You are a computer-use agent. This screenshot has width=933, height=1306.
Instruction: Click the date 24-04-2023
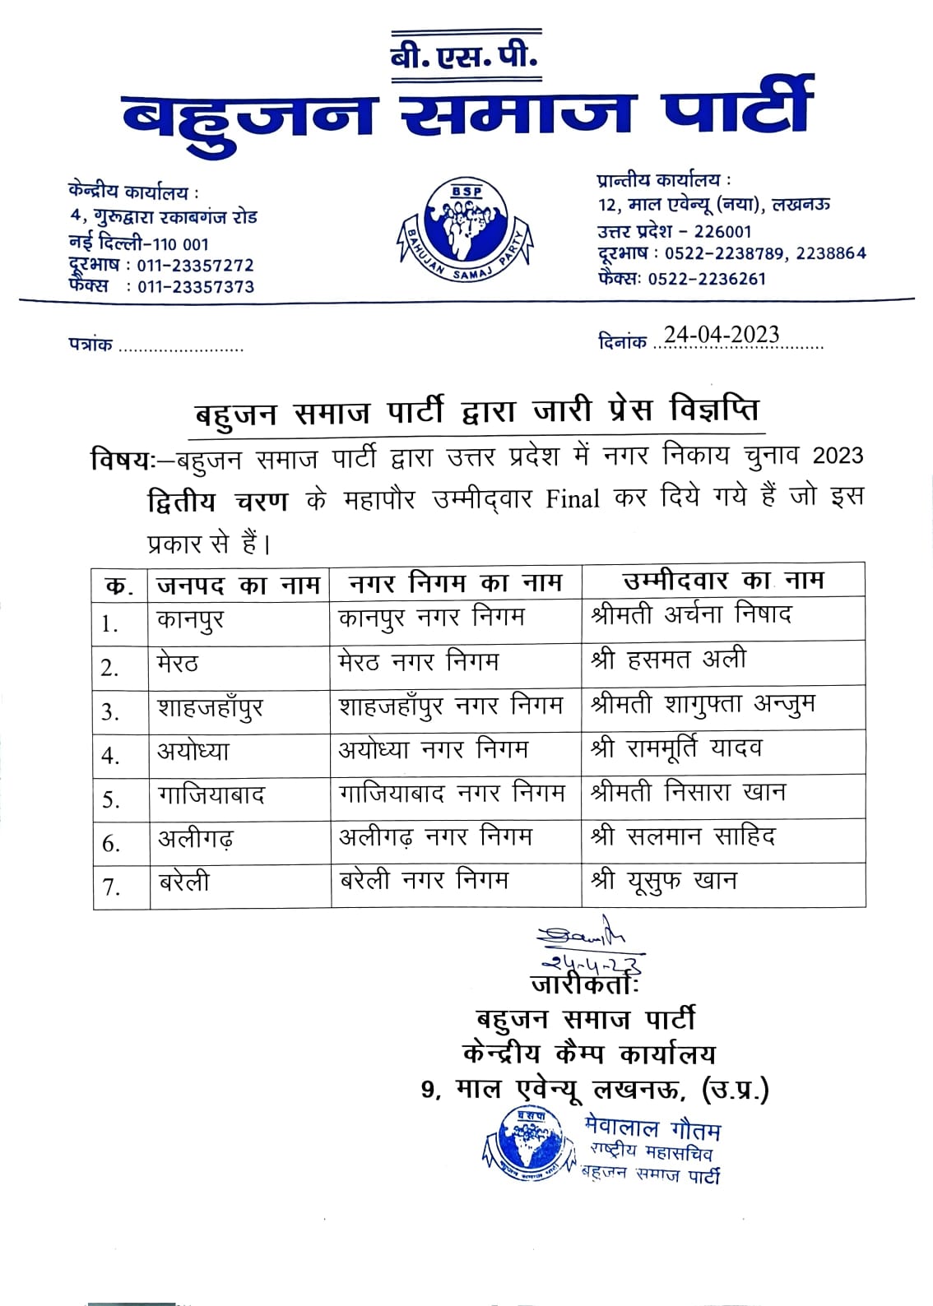coord(722,335)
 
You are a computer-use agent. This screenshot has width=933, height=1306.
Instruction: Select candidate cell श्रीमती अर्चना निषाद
coord(691,616)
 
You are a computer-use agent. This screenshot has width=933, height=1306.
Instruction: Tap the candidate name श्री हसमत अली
coord(669,660)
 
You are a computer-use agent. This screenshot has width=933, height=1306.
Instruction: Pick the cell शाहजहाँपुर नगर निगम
coord(451,706)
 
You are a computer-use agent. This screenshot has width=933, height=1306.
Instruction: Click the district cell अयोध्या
coord(193,752)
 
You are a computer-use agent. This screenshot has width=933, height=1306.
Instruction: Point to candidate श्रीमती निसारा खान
coord(689,794)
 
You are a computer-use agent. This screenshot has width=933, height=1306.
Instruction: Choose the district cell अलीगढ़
coord(196,839)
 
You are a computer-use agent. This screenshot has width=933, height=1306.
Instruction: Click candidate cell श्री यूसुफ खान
coord(664,882)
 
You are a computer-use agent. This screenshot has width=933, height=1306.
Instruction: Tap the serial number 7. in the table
coord(111,887)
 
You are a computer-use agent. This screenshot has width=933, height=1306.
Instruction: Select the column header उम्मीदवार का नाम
coord(723,581)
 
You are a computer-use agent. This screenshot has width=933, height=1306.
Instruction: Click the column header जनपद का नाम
coord(239,584)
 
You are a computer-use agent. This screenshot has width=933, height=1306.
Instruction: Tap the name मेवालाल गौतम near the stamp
coord(653,1128)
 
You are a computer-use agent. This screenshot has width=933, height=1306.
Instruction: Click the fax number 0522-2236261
coord(707,279)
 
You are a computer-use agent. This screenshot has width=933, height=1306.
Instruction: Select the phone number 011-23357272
coord(196,266)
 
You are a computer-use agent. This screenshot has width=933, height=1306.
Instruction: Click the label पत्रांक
coord(90,345)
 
